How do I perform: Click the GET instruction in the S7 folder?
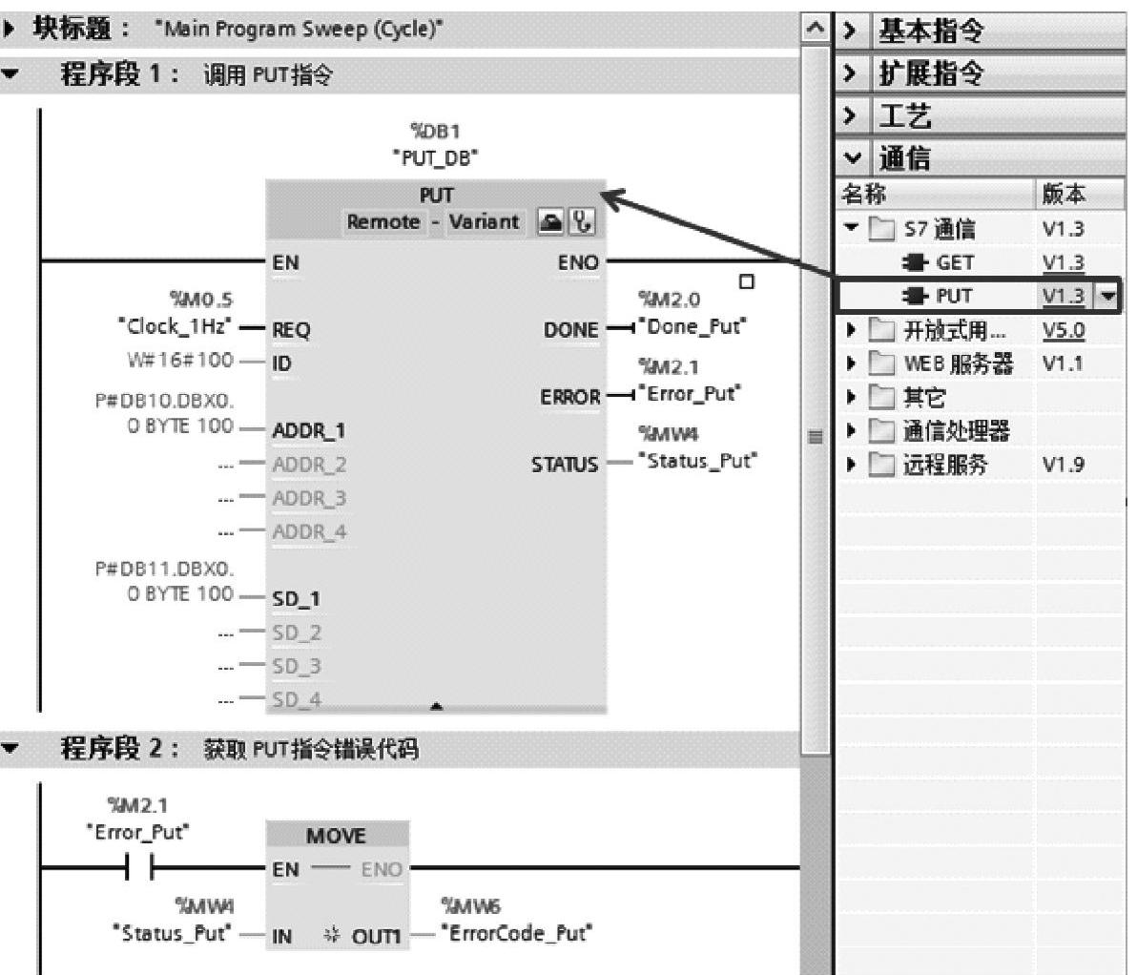(953, 262)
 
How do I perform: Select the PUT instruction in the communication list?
(953, 296)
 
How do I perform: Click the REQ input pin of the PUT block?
(291, 329)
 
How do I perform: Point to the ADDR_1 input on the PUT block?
(309, 430)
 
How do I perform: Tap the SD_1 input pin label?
(296, 598)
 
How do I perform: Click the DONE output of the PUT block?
(571, 329)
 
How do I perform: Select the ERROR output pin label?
(570, 396)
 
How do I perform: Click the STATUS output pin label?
(566, 464)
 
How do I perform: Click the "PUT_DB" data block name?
(436, 158)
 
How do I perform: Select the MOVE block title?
(336, 836)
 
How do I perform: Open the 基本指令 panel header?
(931, 31)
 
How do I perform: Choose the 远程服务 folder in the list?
(945, 465)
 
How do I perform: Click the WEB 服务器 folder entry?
(957, 363)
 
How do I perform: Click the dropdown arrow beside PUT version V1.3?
(1106, 296)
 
